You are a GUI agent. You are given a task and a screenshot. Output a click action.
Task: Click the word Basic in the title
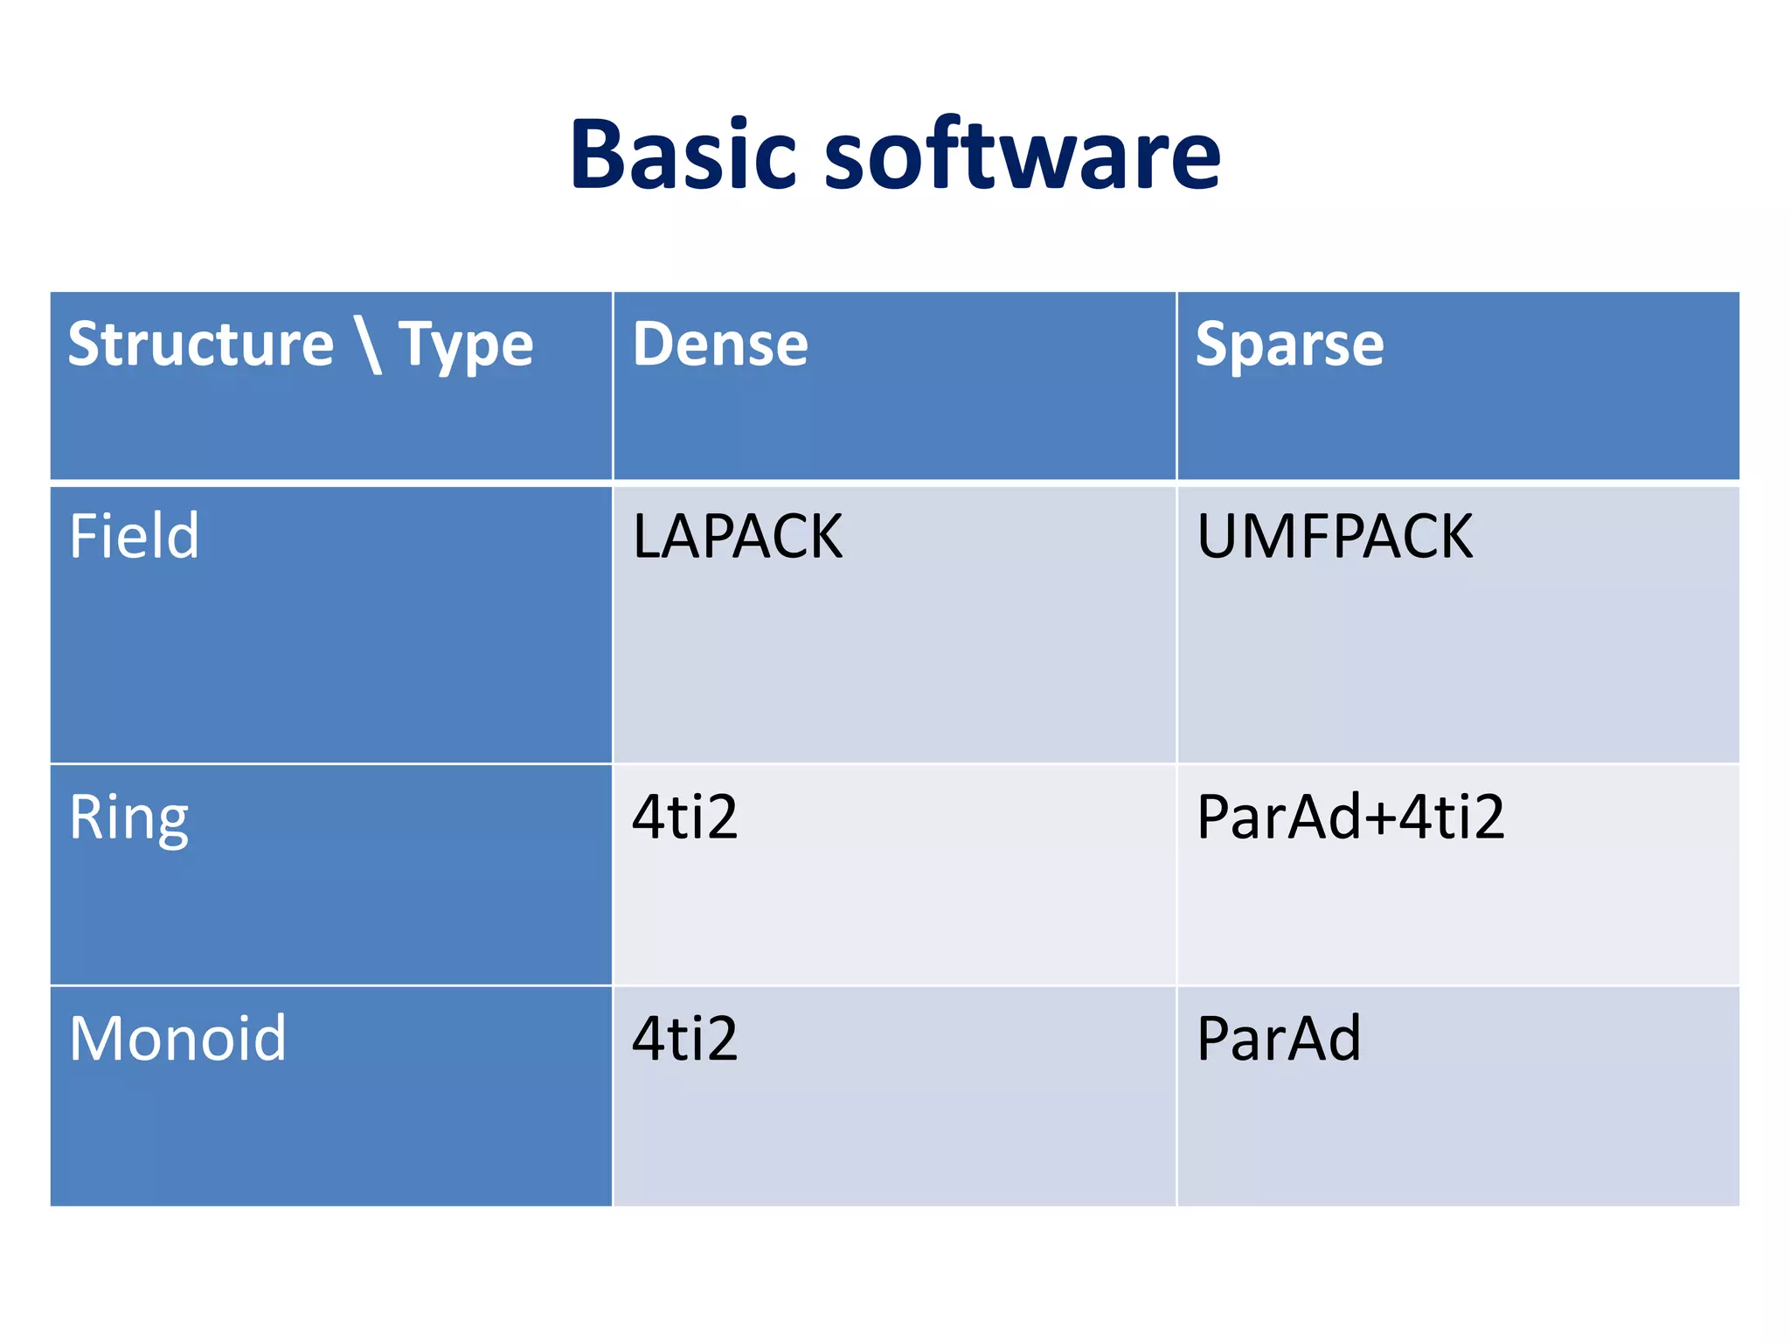click(x=683, y=155)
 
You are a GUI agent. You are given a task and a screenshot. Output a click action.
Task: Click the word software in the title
click(x=1022, y=155)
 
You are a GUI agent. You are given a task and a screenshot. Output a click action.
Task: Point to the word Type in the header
click(x=466, y=346)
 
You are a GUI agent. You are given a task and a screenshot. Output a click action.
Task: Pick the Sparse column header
click(x=1289, y=346)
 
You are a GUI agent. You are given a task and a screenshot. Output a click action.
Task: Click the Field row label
click(x=134, y=535)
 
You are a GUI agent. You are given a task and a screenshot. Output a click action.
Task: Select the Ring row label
click(x=128, y=818)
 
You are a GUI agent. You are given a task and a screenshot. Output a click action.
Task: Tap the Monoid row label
click(x=177, y=1039)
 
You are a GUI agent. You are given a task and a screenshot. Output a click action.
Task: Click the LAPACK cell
click(x=738, y=536)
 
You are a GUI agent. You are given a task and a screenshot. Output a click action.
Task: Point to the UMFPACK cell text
click(x=1334, y=536)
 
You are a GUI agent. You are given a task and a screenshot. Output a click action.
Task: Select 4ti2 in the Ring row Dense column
click(x=684, y=817)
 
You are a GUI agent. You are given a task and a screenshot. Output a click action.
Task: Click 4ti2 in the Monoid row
click(x=684, y=1039)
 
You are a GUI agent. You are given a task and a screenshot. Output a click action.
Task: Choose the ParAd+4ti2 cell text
click(x=1350, y=817)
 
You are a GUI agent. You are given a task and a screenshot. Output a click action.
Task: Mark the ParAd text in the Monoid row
click(x=1278, y=1039)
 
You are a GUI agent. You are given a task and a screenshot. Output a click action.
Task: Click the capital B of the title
click(x=600, y=155)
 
